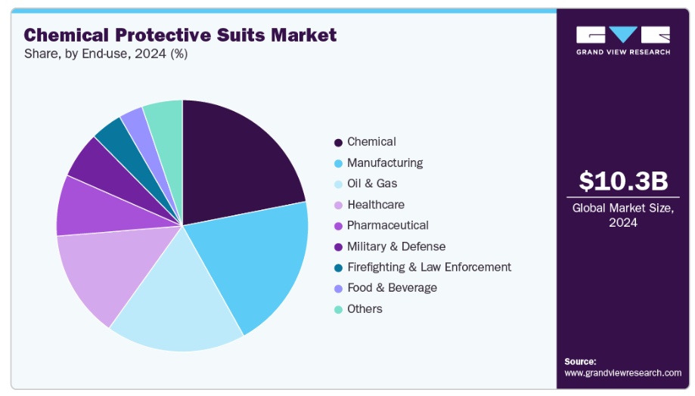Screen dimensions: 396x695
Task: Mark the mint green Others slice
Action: [x=165, y=117]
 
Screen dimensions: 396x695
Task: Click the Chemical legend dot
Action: [x=338, y=142]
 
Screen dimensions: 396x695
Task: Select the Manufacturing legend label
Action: [x=385, y=162]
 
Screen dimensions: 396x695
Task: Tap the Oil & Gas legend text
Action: [x=372, y=184]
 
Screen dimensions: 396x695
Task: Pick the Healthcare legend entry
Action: [x=376, y=205]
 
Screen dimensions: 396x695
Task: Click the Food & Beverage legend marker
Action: [x=338, y=288]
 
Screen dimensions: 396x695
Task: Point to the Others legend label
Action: [x=365, y=308]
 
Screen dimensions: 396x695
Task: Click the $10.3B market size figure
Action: [x=624, y=181]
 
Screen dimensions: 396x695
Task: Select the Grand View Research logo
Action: [x=623, y=40]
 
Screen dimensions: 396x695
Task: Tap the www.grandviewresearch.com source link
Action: [x=622, y=373]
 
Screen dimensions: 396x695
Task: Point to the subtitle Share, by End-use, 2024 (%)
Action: [x=106, y=54]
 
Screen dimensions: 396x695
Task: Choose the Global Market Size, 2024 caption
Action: [x=623, y=215]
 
